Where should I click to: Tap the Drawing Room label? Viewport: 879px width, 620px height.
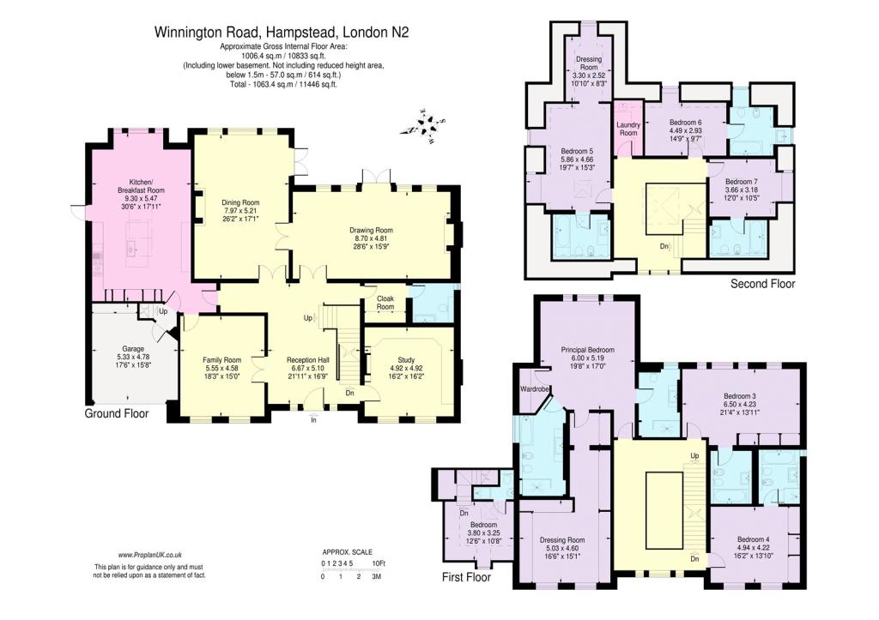pyautogui.click(x=371, y=230)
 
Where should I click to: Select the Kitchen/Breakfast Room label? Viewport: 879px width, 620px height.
pyautogui.click(x=141, y=186)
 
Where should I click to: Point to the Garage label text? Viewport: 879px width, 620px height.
pyautogui.click(x=133, y=349)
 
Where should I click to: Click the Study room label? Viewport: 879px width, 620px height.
pyautogui.click(x=406, y=360)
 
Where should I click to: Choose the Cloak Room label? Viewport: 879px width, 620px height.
pyautogui.click(x=385, y=303)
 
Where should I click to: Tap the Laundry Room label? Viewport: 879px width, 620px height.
pyautogui.click(x=628, y=129)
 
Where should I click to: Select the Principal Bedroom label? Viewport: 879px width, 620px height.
pyautogui.click(x=587, y=350)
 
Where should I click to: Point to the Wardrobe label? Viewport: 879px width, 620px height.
pyautogui.click(x=534, y=388)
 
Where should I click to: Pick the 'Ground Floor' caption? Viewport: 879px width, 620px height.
pyautogui.click(x=117, y=413)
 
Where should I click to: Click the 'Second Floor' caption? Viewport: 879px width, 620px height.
pyautogui.click(x=762, y=284)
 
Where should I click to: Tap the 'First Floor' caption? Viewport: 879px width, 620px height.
pyautogui.click(x=466, y=577)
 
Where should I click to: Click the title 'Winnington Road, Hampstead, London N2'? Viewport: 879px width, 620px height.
pyautogui.click(x=282, y=32)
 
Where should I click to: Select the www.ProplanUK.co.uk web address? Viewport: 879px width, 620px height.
pyautogui.click(x=149, y=555)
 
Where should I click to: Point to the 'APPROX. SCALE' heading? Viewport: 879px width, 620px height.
pyautogui.click(x=347, y=552)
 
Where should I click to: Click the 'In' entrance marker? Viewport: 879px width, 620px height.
pyautogui.click(x=314, y=419)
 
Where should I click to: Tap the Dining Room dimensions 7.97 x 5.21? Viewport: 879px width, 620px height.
pyautogui.click(x=240, y=210)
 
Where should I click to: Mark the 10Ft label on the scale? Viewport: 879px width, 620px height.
pyautogui.click(x=379, y=563)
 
